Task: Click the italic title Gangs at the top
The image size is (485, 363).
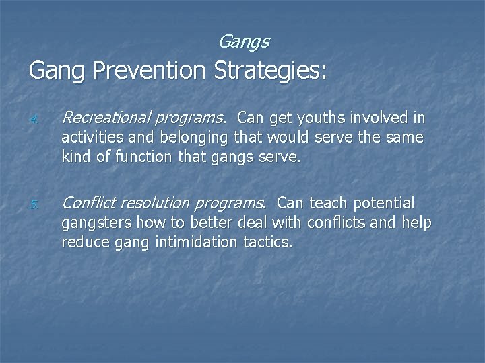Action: pyautogui.click(x=244, y=42)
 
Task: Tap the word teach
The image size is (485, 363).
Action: pyautogui.click(x=325, y=203)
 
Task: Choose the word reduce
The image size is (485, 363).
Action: pyautogui.click(x=82, y=243)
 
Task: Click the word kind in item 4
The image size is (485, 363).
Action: pyautogui.click(x=75, y=158)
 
